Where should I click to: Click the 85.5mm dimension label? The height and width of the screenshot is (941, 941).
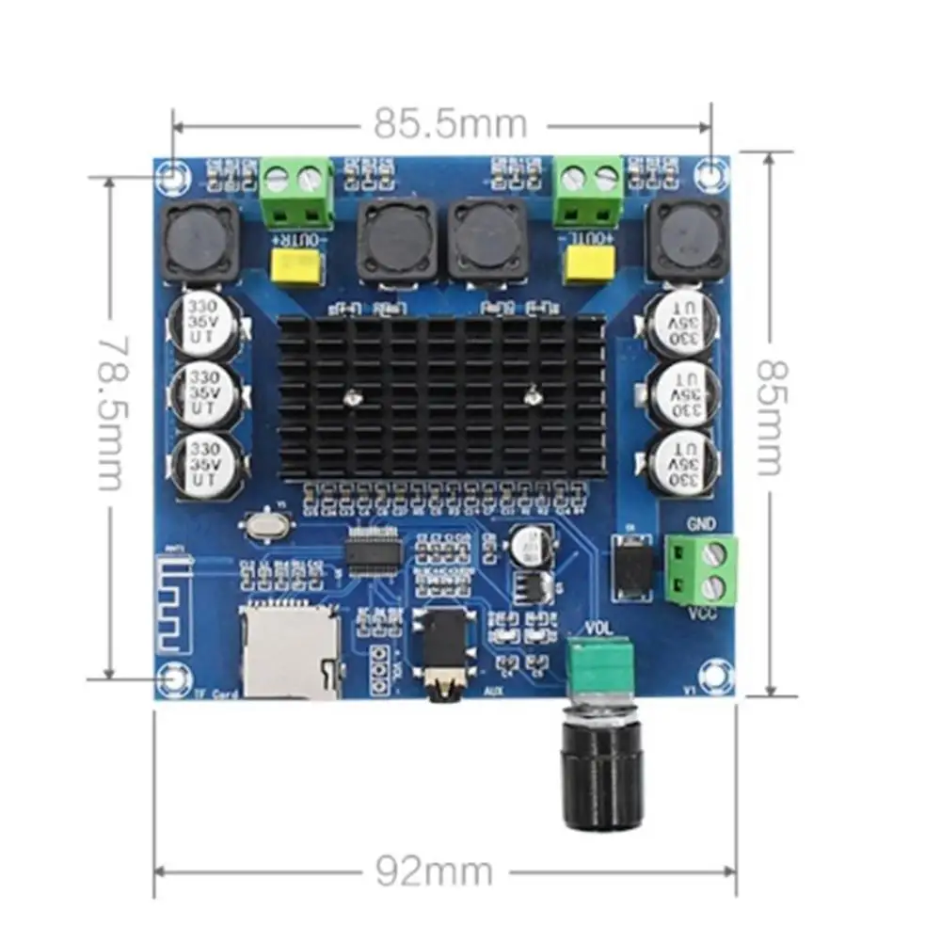[451, 122]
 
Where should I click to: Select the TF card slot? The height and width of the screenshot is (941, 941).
[292, 649]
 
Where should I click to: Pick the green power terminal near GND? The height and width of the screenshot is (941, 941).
[703, 569]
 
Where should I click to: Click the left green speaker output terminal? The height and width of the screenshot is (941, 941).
[296, 192]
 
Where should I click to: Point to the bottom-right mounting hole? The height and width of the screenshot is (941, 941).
[717, 678]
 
